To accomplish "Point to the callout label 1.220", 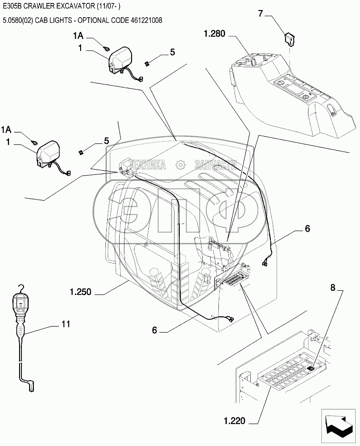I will (234, 421).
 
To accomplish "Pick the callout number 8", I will (333, 287).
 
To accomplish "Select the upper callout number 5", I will (172, 52).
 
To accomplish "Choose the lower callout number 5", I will (106, 141).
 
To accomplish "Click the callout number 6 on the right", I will (307, 229).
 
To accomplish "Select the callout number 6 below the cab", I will (154, 330).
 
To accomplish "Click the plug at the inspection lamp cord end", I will (31, 387).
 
